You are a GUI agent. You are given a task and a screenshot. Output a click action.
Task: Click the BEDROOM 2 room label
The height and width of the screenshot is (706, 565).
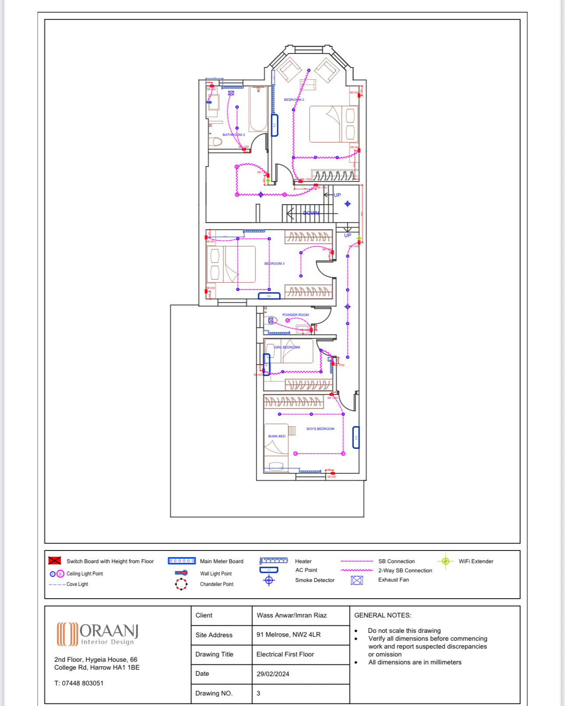pyautogui.click(x=294, y=100)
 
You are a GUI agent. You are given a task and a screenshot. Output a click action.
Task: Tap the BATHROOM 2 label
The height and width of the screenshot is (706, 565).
pyautogui.click(x=233, y=135)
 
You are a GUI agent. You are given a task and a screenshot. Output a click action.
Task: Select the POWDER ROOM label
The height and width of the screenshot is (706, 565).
pyautogui.click(x=295, y=315)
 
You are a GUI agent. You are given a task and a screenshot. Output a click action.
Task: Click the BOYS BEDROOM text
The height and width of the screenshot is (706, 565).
pyautogui.click(x=320, y=429)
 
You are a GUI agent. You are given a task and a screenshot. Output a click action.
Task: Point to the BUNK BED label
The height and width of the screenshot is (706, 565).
pyautogui.click(x=277, y=436)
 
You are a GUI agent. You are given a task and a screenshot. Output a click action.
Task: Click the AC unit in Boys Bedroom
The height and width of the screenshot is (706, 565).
pyautogui.click(x=356, y=437)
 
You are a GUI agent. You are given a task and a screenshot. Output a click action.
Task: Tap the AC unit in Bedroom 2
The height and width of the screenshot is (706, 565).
pyautogui.click(x=275, y=125)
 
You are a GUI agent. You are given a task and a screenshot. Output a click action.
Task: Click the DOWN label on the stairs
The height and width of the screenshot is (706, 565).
pyautogui.click(x=311, y=213)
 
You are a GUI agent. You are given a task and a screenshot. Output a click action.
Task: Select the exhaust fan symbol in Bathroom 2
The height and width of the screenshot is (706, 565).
pyautogui.click(x=231, y=93)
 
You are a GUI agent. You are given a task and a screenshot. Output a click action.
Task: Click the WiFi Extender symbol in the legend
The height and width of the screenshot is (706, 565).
pyautogui.click(x=445, y=561)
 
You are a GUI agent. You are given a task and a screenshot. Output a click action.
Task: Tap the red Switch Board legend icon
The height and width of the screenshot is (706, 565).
pyautogui.click(x=55, y=561)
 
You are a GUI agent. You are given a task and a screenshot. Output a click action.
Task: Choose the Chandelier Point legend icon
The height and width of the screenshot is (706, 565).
pyautogui.click(x=181, y=584)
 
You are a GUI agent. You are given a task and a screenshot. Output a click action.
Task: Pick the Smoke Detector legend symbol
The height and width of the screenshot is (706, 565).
pyautogui.click(x=269, y=580)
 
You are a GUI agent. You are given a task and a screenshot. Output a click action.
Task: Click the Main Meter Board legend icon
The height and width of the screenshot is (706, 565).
pyautogui.click(x=182, y=561)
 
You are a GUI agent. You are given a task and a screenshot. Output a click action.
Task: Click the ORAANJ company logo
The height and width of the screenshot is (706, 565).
pyautogui.click(x=97, y=634)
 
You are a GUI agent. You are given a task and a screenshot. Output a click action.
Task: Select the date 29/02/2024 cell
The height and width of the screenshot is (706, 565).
pyautogui.click(x=273, y=674)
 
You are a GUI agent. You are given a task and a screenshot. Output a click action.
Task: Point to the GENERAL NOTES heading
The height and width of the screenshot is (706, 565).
pyautogui.click(x=382, y=615)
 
